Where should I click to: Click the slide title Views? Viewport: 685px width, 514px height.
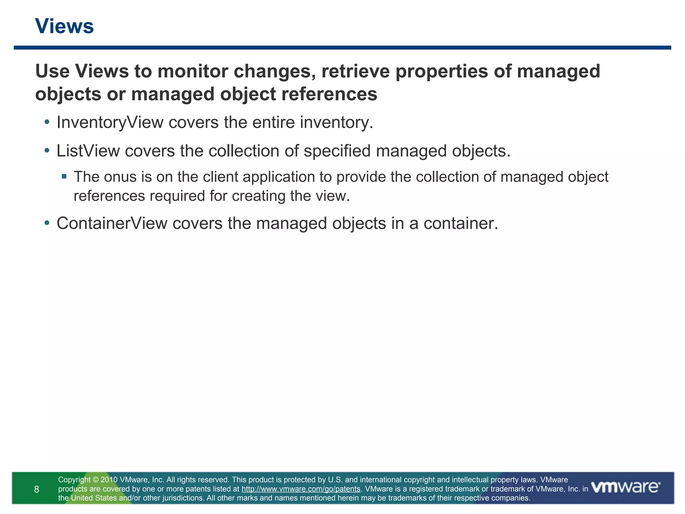pos(64,26)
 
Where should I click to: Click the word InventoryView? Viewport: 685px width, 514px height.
pos(110,122)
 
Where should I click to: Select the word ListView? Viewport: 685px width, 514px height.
pos(88,151)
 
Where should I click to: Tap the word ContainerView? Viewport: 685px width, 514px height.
pos(112,223)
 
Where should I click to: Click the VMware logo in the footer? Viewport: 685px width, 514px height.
pos(625,487)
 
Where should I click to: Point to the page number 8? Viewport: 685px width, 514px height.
pos(36,490)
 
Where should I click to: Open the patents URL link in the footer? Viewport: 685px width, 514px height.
pos(301,489)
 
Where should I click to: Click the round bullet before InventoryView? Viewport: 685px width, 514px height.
pos(47,122)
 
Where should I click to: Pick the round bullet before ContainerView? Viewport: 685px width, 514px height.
pos(47,223)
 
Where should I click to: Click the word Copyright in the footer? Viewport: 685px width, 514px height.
pos(74,480)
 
